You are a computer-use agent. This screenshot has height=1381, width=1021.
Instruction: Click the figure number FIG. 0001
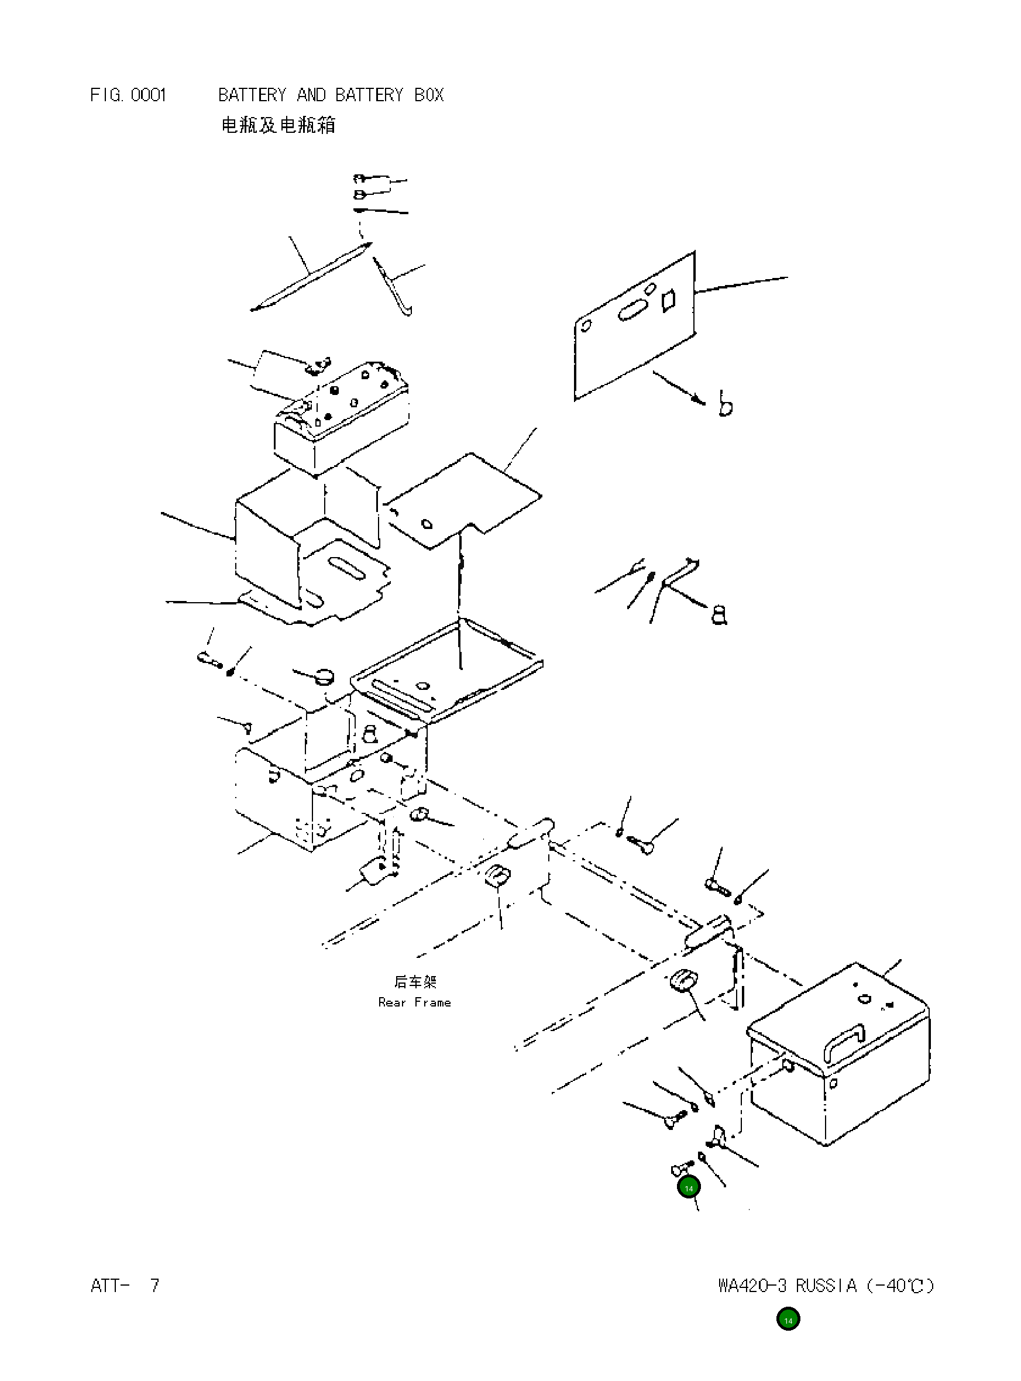[128, 95]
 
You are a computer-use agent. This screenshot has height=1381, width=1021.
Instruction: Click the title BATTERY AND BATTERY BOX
[331, 95]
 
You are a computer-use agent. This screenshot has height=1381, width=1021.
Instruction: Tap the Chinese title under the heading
[278, 125]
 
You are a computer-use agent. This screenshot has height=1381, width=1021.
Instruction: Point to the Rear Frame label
[414, 1002]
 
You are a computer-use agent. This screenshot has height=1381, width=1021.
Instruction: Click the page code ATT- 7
[125, 1286]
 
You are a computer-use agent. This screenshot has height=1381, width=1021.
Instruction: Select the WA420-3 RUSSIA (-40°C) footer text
[826, 1286]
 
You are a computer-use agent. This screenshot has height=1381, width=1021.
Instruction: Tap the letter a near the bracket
[720, 615]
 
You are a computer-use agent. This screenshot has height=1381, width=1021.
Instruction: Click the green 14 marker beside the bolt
[689, 1187]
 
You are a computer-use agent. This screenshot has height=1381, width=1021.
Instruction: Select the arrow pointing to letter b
[679, 387]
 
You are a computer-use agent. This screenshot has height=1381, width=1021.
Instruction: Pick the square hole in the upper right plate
[668, 301]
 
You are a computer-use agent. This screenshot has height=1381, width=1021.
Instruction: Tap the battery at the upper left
[342, 420]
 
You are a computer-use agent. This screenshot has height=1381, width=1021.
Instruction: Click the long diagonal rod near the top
[311, 277]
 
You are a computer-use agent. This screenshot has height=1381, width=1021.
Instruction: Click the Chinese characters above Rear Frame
[415, 982]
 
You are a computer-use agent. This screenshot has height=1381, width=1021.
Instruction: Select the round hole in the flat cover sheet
[427, 525]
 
